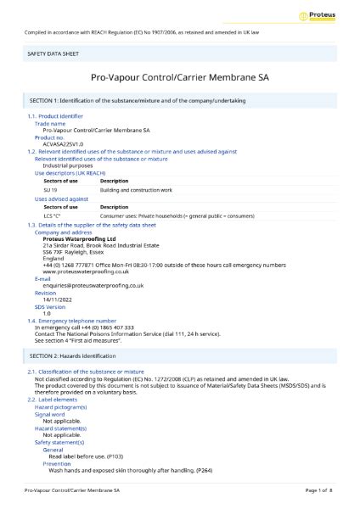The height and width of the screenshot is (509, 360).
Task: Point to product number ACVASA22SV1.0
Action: [64, 142]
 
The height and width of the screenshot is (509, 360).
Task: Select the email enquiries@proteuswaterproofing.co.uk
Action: [88, 287]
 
